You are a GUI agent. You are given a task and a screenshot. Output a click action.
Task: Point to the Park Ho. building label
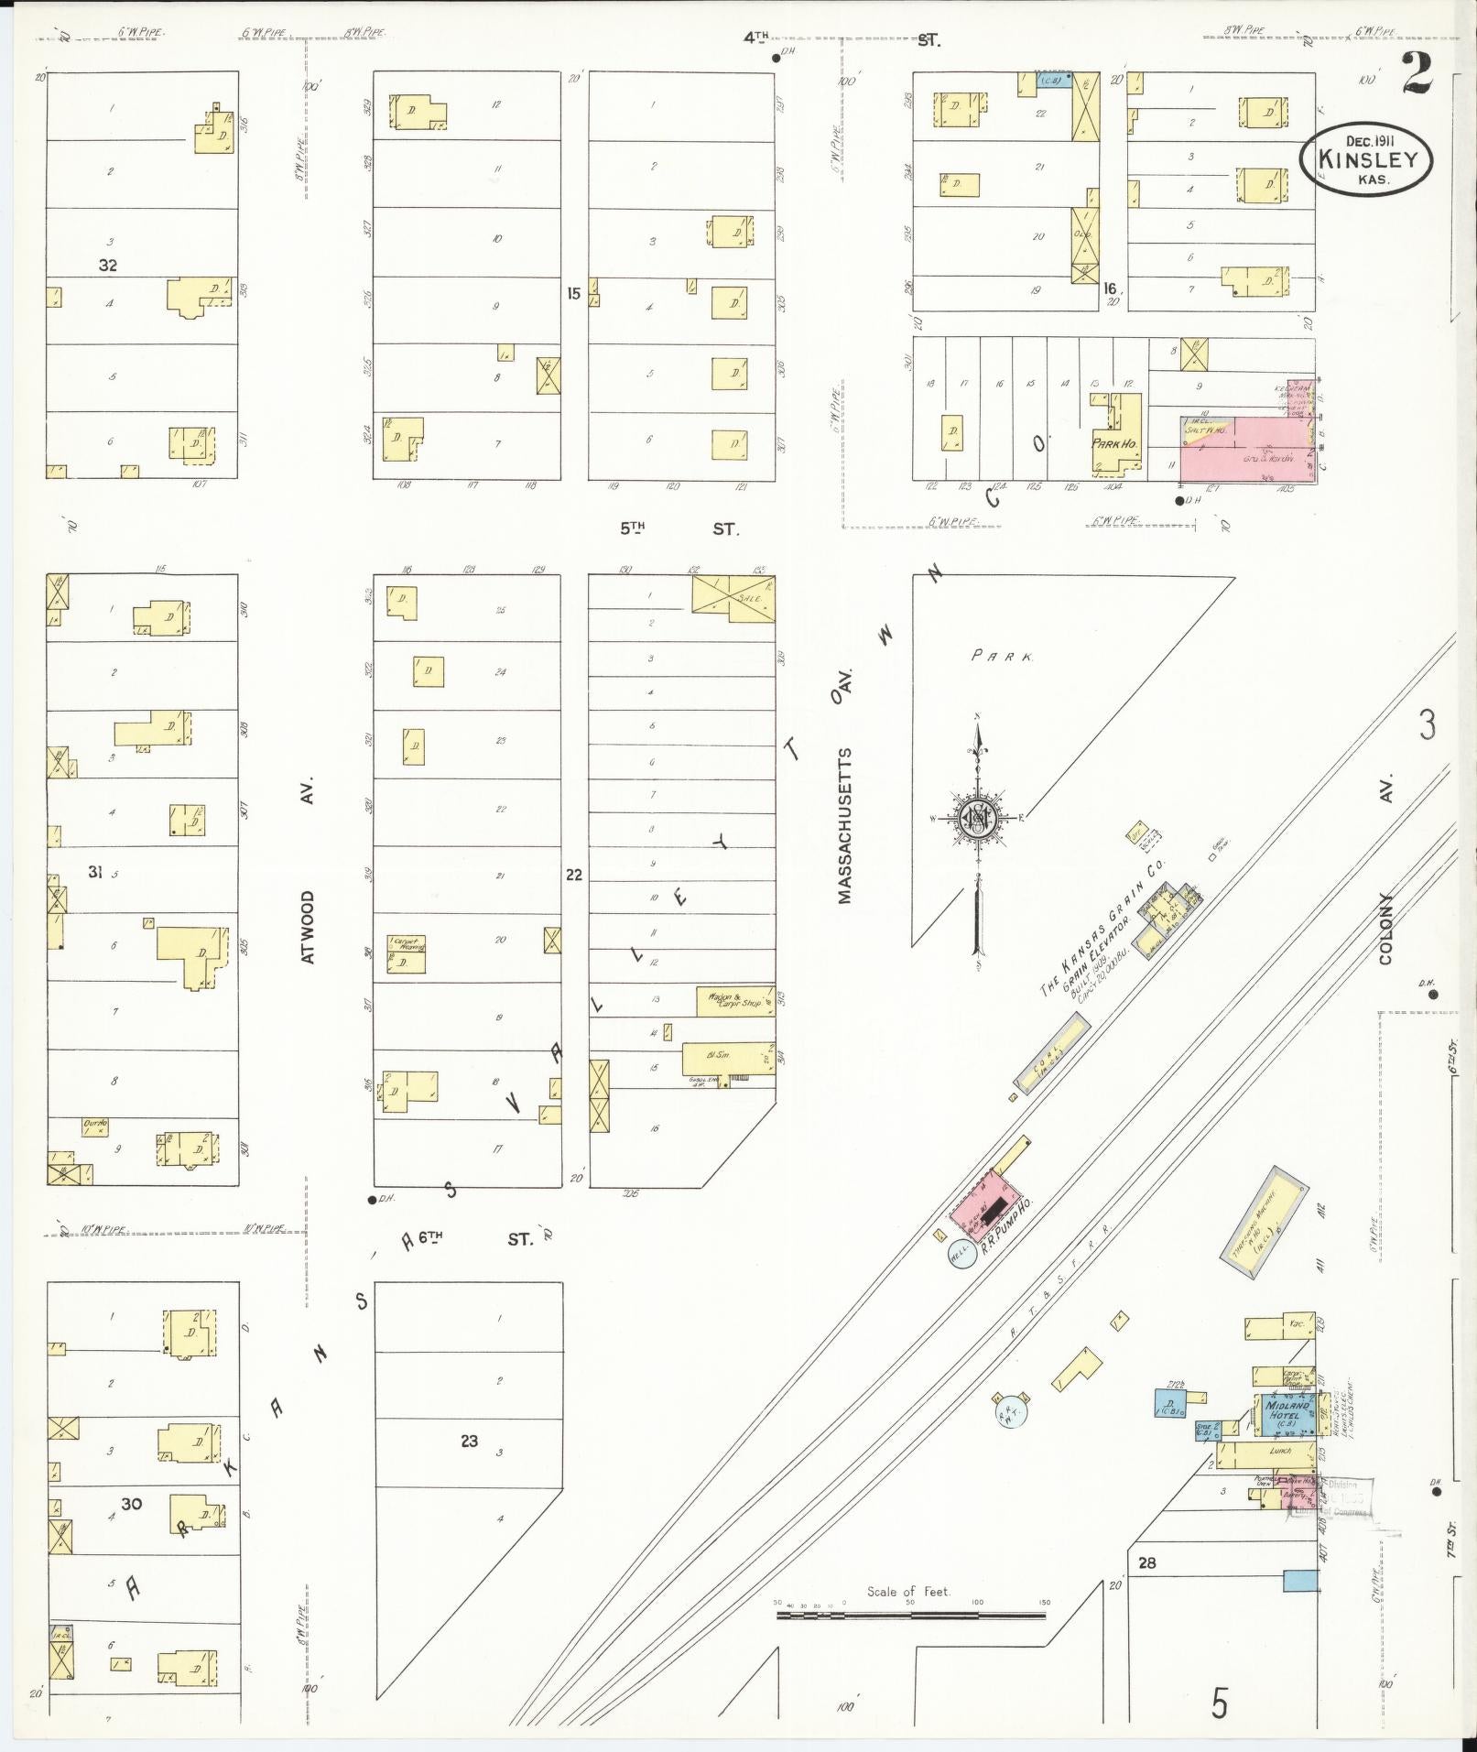1114,443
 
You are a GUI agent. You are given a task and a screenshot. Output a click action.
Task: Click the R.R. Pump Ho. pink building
985,1206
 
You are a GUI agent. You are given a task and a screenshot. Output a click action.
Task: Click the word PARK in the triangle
1003,657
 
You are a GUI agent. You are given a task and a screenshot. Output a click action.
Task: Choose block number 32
108,266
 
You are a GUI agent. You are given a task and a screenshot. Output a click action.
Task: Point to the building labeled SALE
733,598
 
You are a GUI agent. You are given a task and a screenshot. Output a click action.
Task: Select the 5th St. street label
678,528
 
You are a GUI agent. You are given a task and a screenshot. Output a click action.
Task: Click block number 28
1146,1562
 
